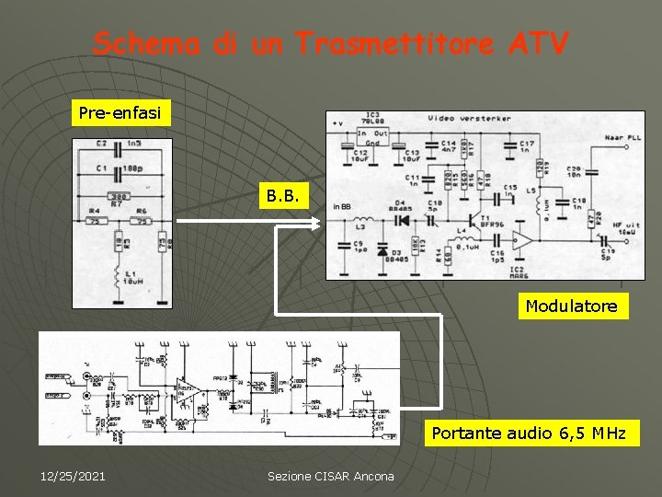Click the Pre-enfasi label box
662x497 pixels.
pyautogui.click(x=120, y=113)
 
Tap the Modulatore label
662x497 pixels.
pyautogui.click(x=571, y=306)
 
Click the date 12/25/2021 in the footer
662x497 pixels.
pyautogui.click(x=73, y=476)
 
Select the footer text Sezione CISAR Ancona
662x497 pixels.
pyautogui.click(x=330, y=476)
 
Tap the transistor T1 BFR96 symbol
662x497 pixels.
pyautogui.click(x=474, y=221)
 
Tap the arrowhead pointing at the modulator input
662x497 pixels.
pyautogui.click(x=315, y=222)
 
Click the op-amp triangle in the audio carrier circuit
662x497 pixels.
pyautogui.click(x=191, y=392)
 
